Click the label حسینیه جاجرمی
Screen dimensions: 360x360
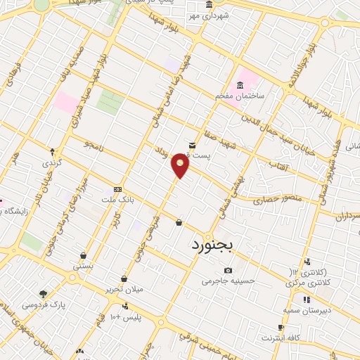tap(226, 281)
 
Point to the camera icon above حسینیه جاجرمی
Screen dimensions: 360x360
tap(228, 271)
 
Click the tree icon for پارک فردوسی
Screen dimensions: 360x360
tap(44, 294)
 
